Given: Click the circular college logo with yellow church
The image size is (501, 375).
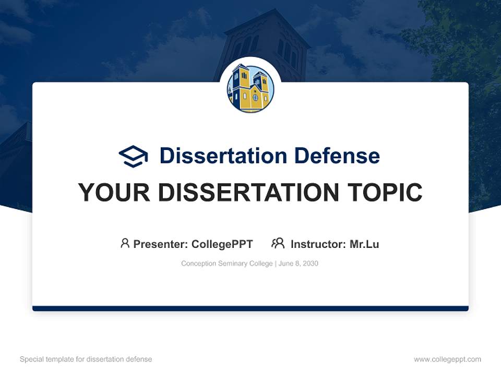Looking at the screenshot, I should tap(250, 89).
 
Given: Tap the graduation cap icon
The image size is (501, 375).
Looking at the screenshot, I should tap(133, 156).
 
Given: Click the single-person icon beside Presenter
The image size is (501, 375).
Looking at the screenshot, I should tap(125, 243).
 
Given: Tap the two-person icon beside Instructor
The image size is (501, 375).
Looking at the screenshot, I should tap(278, 243).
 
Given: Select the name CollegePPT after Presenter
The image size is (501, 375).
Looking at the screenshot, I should tap(222, 244).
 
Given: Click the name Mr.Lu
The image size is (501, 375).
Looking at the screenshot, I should tap(364, 244).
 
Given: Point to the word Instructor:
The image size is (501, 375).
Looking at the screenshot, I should tap(318, 244).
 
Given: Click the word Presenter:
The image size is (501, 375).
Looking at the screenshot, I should tap(161, 244).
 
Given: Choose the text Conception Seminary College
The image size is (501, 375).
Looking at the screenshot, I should tap(227, 264).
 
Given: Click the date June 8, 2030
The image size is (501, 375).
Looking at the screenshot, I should tap(299, 264).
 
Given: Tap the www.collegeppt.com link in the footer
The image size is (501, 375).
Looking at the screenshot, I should tap(447, 359).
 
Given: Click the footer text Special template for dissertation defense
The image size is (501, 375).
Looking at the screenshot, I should tap(86, 359).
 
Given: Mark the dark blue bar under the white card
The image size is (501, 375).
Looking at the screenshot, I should tap(250, 308).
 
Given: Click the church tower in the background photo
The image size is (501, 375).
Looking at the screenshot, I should tap(266, 42).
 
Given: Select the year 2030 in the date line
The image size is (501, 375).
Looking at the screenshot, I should tap(309, 264).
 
